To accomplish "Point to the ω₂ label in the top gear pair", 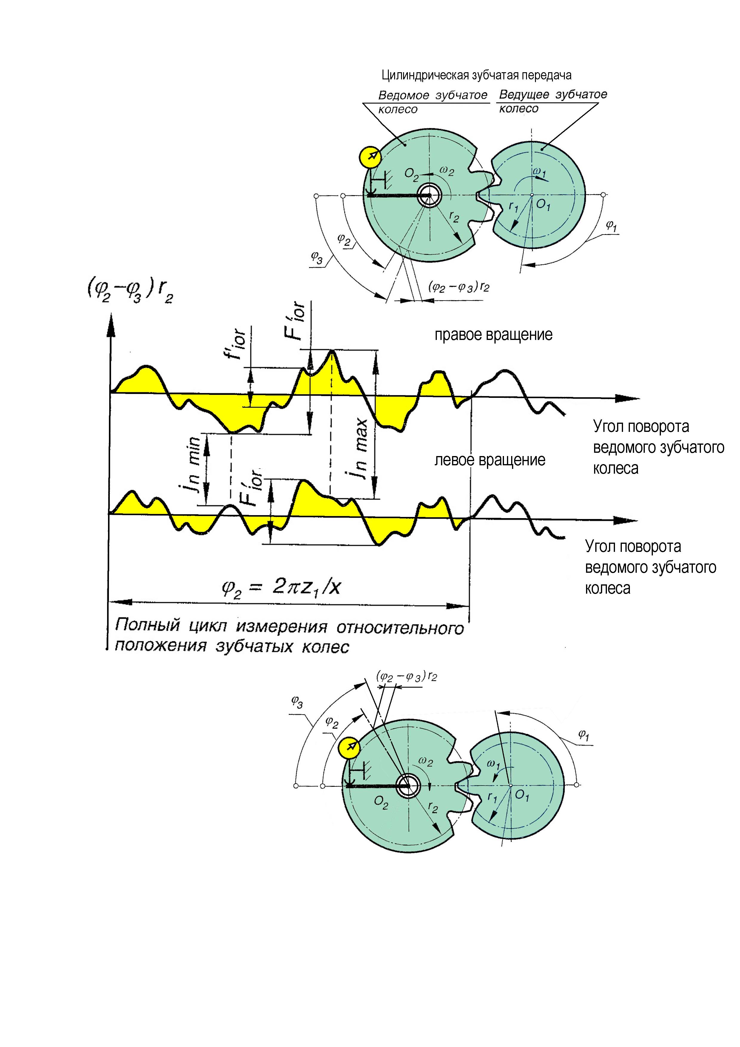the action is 447,171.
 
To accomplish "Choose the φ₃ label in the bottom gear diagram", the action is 297,702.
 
